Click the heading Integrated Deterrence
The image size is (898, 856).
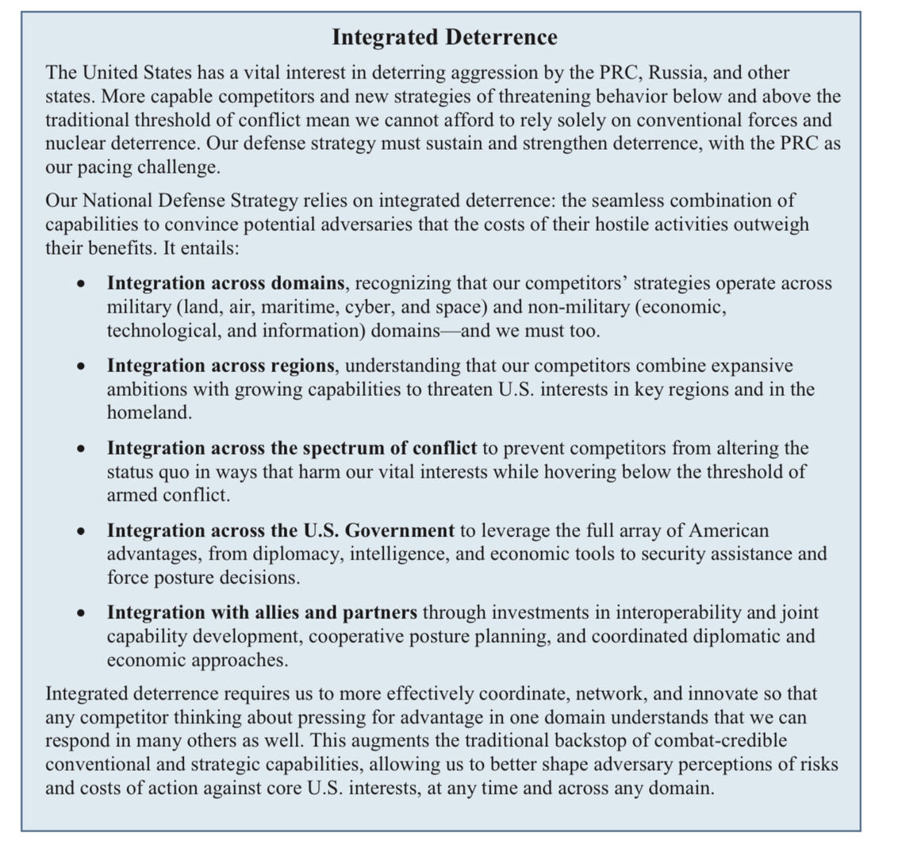coord(444,37)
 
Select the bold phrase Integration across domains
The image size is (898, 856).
coord(225,283)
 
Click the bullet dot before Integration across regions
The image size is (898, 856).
coord(81,367)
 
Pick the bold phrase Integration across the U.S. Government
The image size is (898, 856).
coord(280,530)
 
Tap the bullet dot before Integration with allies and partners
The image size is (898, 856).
coord(81,614)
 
